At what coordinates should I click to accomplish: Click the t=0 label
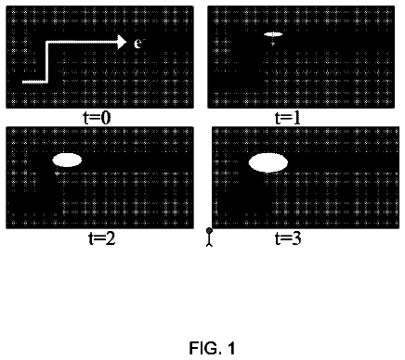point(98,118)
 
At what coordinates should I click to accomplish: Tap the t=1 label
point(288,118)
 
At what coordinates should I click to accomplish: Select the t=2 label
point(102,238)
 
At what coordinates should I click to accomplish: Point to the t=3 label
point(288,238)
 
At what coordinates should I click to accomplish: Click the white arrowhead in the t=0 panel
point(122,42)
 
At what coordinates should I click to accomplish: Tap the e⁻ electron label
point(138,43)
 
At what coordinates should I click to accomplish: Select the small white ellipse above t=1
point(273,34)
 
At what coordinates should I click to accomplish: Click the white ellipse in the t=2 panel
point(67,160)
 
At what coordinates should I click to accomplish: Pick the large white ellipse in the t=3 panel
point(268,162)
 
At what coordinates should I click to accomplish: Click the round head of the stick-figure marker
point(209,230)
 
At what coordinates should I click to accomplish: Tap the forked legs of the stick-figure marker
point(210,244)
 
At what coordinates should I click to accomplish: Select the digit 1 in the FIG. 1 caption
point(230,348)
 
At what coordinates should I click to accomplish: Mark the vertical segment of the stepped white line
point(47,62)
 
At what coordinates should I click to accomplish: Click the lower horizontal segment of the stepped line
point(34,82)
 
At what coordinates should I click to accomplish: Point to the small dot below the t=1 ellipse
point(273,45)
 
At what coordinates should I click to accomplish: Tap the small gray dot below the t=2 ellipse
point(57,174)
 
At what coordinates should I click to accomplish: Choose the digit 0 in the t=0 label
point(106,118)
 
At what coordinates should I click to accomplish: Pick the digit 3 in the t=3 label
point(296,238)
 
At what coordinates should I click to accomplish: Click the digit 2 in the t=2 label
point(111,238)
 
